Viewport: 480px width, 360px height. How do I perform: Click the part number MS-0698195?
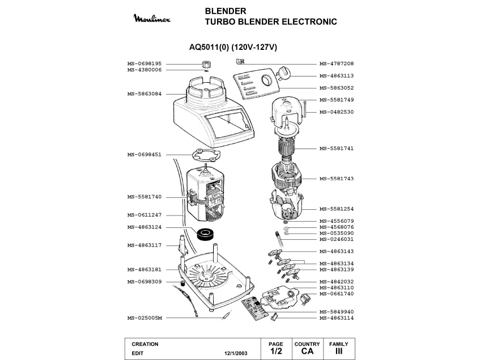(145, 63)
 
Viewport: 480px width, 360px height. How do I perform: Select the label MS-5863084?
(145, 94)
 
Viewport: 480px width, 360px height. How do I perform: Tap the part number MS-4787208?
(337, 63)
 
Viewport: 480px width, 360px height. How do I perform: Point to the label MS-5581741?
(337, 149)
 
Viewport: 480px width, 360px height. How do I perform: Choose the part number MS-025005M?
(145, 318)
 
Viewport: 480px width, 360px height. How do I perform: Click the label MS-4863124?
(145, 227)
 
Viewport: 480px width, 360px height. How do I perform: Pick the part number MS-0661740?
(337, 294)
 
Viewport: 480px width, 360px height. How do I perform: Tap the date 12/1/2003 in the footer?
(235, 352)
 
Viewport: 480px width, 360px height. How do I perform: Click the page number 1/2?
(275, 351)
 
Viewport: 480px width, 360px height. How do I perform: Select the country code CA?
(307, 351)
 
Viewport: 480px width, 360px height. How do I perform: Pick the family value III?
(339, 351)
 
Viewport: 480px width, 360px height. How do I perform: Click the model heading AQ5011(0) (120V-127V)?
(232, 47)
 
